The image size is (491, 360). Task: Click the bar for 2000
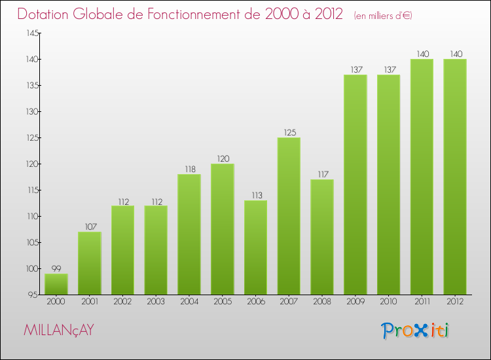pos(56,284)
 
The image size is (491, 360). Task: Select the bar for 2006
pos(255,247)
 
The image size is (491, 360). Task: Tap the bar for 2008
pos(322,237)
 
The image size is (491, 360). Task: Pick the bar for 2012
pos(455,177)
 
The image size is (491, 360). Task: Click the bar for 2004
pos(189,234)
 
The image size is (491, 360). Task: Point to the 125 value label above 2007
pos(289,133)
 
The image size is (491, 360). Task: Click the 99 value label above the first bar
pos(56,269)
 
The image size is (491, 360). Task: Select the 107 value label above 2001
pos(90,227)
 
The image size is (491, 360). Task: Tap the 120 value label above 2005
pos(223,159)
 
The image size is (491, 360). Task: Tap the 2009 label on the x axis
pos(355,302)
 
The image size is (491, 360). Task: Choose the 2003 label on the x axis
pos(156,302)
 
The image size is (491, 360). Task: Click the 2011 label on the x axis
pos(422,302)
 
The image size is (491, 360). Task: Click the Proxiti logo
pos(416,331)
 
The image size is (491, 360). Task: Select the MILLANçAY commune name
pos(58,331)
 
